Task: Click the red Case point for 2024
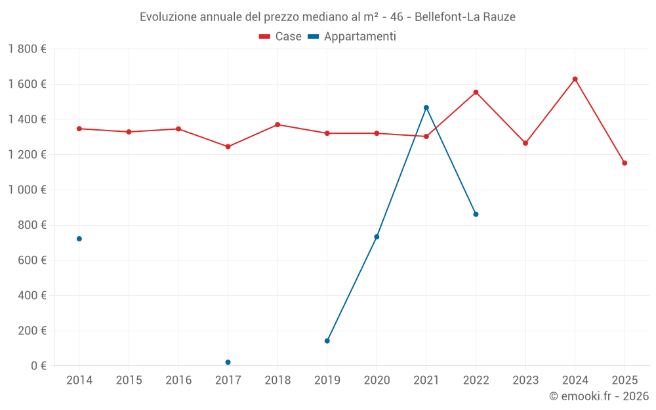tap(575, 79)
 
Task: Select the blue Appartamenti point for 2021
tap(426, 108)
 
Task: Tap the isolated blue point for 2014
tap(79, 239)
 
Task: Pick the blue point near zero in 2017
tap(228, 362)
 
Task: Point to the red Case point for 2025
tap(625, 163)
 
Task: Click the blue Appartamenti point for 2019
tap(327, 341)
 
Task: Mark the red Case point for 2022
tap(476, 92)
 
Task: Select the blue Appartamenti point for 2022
tap(476, 215)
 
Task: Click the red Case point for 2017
tap(228, 147)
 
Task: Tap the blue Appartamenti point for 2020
tap(377, 237)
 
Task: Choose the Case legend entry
tap(280, 37)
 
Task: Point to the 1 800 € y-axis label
tap(28, 49)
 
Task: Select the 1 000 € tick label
tap(28, 190)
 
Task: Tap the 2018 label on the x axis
tap(277, 380)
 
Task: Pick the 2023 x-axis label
tap(525, 380)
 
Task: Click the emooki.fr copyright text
tap(598, 396)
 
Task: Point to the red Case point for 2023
tap(525, 143)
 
